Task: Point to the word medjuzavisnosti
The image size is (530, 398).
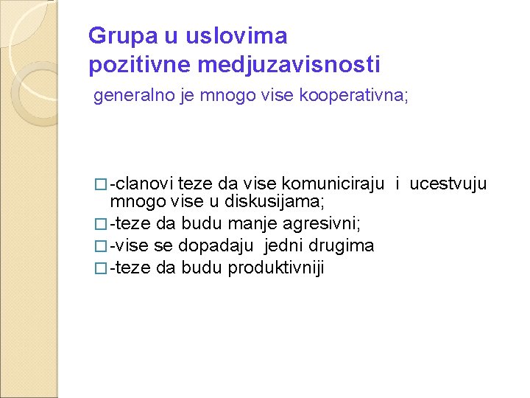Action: pos(289,65)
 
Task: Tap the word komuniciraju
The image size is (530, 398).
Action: pos(333,184)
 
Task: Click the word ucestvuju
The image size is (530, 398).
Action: pos(448,184)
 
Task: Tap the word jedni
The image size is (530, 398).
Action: pos(288,245)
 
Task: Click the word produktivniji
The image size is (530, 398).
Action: pos(276,268)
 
